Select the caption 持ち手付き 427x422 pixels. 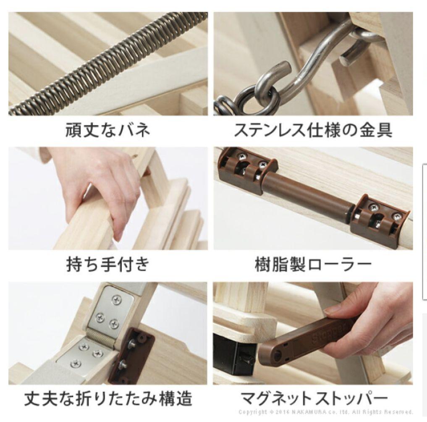[x=107, y=265]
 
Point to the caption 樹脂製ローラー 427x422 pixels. [x=313, y=265]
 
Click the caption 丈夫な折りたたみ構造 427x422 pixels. [x=107, y=398]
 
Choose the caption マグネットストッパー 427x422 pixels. [x=313, y=398]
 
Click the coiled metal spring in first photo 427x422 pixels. [x=105, y=63]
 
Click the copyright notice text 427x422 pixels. [x=325, y=412]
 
